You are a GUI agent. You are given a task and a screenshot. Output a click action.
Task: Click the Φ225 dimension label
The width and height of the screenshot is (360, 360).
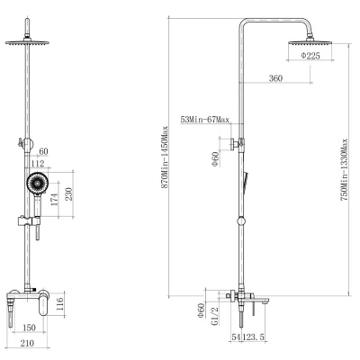pos(310,56)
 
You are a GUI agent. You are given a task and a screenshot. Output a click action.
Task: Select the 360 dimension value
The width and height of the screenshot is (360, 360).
pos(275,78)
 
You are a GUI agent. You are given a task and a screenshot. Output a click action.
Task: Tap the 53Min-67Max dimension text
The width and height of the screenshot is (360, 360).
pos(204,120)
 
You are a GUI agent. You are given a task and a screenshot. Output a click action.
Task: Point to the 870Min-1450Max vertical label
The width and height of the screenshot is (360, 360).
pos(165,157)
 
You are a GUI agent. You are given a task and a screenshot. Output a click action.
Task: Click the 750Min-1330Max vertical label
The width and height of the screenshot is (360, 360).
pos(344,170)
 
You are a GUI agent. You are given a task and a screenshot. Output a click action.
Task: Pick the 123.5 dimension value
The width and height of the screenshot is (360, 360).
pos(254,337)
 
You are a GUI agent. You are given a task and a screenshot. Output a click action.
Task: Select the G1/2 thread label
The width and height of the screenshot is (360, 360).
pos(215,316)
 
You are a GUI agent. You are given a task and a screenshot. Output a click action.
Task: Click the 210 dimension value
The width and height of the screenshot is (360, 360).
pos(27,343)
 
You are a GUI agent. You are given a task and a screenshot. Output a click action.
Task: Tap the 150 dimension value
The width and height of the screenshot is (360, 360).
pos(29,328)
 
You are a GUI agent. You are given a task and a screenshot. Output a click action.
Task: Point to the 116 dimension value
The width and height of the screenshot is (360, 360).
pos(59,303)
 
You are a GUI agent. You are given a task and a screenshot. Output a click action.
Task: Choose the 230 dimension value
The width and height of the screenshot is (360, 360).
pos(68,194)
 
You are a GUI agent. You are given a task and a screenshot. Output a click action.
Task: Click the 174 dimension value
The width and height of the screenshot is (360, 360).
pos(55,200)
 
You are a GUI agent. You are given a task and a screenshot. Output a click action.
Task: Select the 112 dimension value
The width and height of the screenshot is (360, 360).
pos(38,164)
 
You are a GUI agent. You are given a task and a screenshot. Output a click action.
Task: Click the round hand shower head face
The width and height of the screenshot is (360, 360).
pos(37,183)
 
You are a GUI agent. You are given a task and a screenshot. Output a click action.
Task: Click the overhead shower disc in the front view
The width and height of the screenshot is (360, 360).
pos(27,42)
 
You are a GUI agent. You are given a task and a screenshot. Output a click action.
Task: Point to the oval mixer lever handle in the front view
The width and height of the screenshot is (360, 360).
pos(44,306)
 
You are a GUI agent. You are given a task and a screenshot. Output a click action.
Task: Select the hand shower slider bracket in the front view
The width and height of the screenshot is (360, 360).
pos(29,221)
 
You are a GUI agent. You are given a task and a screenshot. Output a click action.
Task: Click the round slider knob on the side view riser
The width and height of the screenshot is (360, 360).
pos(241,221)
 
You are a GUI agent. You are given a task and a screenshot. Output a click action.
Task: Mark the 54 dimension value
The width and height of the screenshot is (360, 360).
pos(236,337)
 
